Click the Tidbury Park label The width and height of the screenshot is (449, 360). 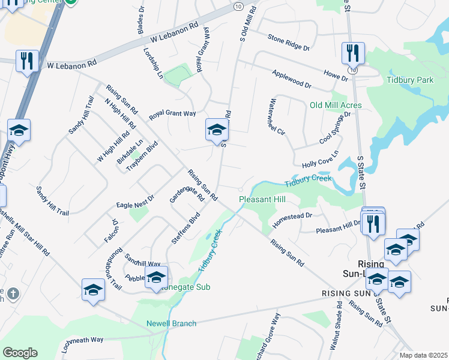[x=410, y=79]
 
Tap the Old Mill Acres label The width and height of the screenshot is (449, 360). [x=335, y=106]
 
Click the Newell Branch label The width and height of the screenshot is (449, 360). [x=171, y=323]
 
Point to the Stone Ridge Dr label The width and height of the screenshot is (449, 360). [x=289, y=41]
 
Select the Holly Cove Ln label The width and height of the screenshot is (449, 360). [x=321, y=160]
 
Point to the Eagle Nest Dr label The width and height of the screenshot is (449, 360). [x=135, y=200]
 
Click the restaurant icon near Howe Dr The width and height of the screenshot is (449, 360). [x=353, y=53]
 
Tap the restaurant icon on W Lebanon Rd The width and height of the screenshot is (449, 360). [x=27, y=61]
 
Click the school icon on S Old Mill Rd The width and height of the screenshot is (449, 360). [x=217, y=130]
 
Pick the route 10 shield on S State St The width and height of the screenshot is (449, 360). [x=354, y=70]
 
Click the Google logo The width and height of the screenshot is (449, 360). [x=20, y=353]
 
